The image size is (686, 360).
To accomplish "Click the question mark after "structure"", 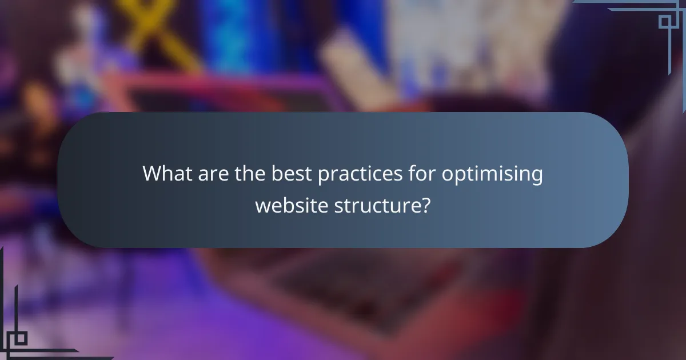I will click(x=425, y=204).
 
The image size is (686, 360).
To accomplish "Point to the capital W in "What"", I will click(x=153, y=173).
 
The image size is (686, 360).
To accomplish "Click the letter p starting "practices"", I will click(x=324, y=175).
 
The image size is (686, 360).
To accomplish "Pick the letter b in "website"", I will click(x=286, y=203).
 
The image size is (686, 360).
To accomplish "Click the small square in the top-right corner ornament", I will click(x=665, y=21).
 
